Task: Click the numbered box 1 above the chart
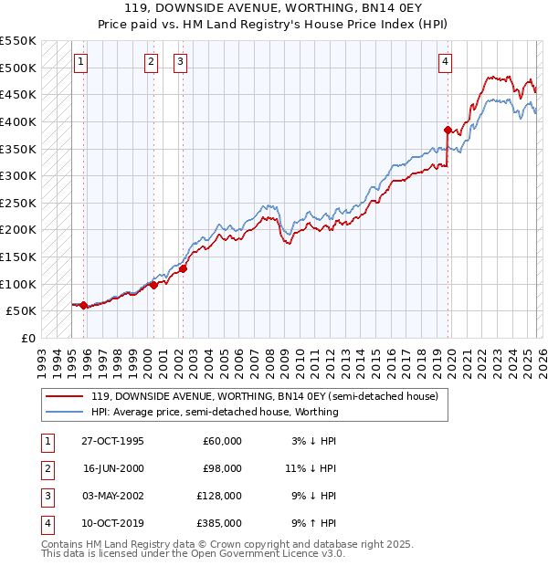(81, 62)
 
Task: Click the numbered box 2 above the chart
(151, 62)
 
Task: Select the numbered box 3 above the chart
(180, 62)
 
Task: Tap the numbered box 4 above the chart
(445, 62)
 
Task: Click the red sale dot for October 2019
(448, 130)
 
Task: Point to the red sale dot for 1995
(84, 305)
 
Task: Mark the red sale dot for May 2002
(183, 268)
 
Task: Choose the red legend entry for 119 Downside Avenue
(265, 396)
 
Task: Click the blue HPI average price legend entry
(215, 412)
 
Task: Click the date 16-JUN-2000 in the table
(113, 468)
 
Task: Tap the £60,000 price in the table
(222, 441)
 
